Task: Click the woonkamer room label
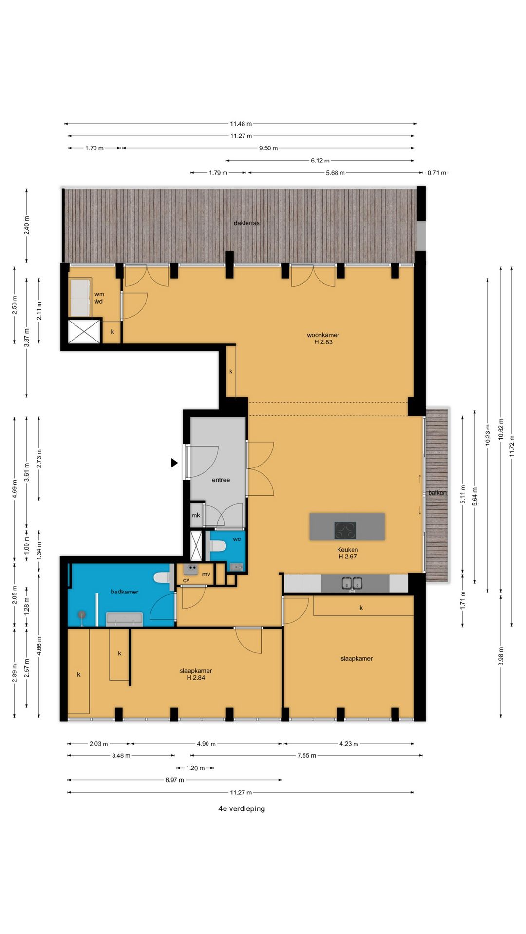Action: (323, 338)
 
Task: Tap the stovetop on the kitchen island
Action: (345, 530)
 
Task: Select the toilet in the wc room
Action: (217, 546)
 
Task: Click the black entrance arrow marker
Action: (174, 463)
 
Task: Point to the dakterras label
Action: (246, 223)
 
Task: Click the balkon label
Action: (437, 493)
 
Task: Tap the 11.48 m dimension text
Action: (241, 124)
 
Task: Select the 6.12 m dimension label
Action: (320, 161)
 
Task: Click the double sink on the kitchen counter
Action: (352, 583)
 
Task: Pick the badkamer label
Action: (124, 592)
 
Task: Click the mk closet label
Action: (196, 515)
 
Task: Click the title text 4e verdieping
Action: (242, 808)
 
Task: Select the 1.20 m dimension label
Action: (195, 768)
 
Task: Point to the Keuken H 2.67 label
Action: (347, 553)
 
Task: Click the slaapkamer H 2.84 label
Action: (196, 674)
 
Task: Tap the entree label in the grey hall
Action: (221, 480)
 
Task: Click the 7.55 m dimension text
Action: (306, 756)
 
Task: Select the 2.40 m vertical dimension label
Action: (27, 225)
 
